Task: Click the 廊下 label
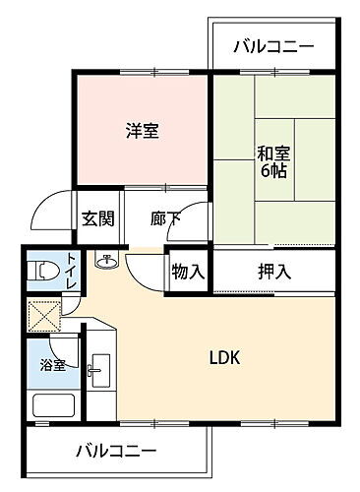click(x=165, y=218)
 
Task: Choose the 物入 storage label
click(x=187, y=271)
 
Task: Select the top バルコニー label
click(x=272, y=46)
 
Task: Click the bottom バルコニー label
click(x=116, y=452)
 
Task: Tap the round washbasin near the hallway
click(x=105, y=262)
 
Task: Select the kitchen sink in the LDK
click(x=98, y=372)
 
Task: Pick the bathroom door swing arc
click(x=65, y=344)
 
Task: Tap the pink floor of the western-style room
click(x=108, y=157)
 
